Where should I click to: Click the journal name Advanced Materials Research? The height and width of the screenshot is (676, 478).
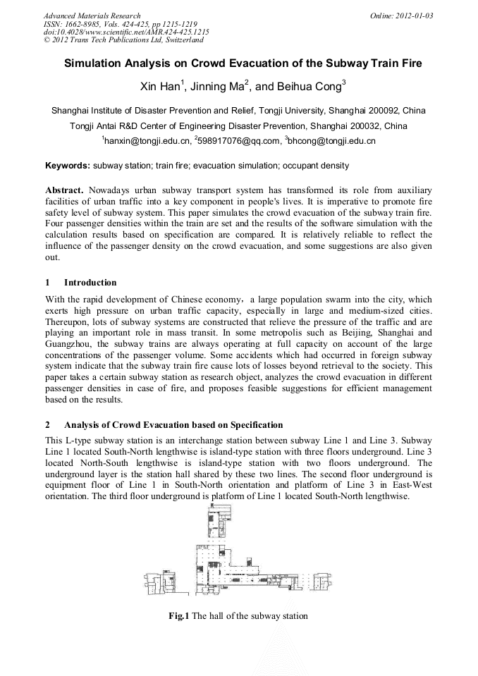click(x=92, y=16)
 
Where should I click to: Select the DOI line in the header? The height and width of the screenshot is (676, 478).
click(x=126, y=32)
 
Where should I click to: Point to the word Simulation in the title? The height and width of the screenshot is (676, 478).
click(x=95, y=63)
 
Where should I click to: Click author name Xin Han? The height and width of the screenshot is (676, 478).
click(x=161, y=87)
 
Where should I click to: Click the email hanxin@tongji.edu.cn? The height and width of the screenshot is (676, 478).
click(x=147, y=141)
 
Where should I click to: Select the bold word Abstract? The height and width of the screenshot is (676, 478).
click(x=66, y=191)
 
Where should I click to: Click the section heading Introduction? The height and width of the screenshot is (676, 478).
click(x=90, y=282)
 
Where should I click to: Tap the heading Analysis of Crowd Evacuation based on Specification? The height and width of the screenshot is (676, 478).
click(x=173, y=425)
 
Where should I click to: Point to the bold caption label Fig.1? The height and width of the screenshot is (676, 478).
click(x=178, y=615)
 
